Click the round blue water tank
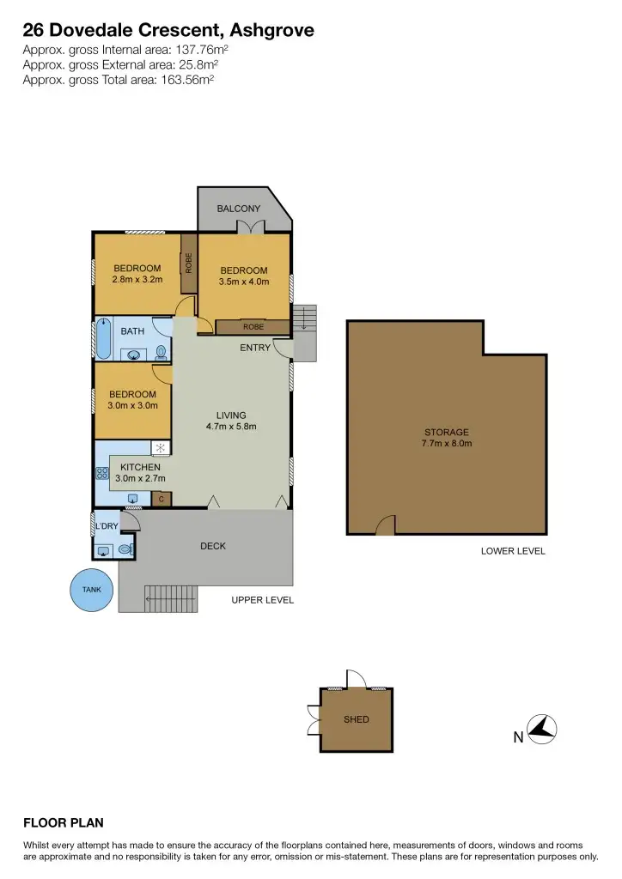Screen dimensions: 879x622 [91, 590]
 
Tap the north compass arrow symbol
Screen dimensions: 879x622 [542, 730]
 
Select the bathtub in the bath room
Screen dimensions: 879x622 [103, 339]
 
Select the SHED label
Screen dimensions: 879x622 [356, 719]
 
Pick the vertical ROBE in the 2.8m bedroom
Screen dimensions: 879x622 [188, 262]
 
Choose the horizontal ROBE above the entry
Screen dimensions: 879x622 [253, 327]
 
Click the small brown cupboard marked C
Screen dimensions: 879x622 [162, 499]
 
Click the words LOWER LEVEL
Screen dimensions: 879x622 [513, 551]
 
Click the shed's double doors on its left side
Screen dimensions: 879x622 [313, 719]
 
